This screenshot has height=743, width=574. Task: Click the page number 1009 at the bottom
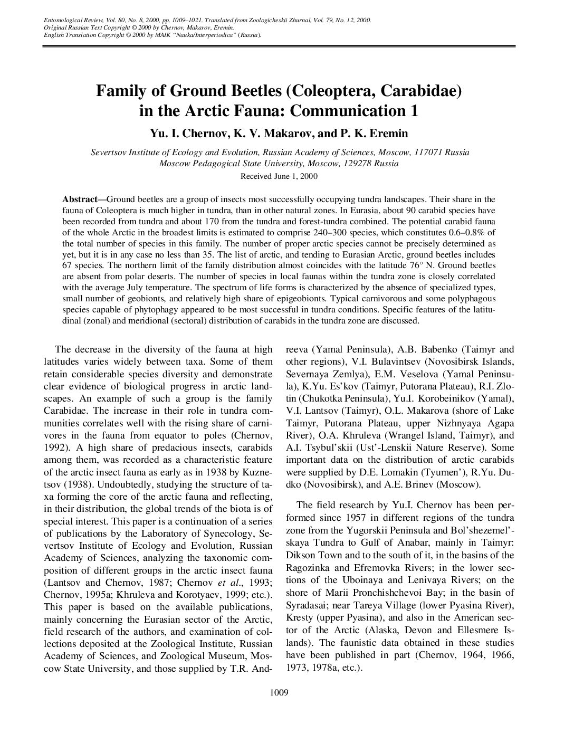278,692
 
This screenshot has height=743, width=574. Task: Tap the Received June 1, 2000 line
279,176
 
